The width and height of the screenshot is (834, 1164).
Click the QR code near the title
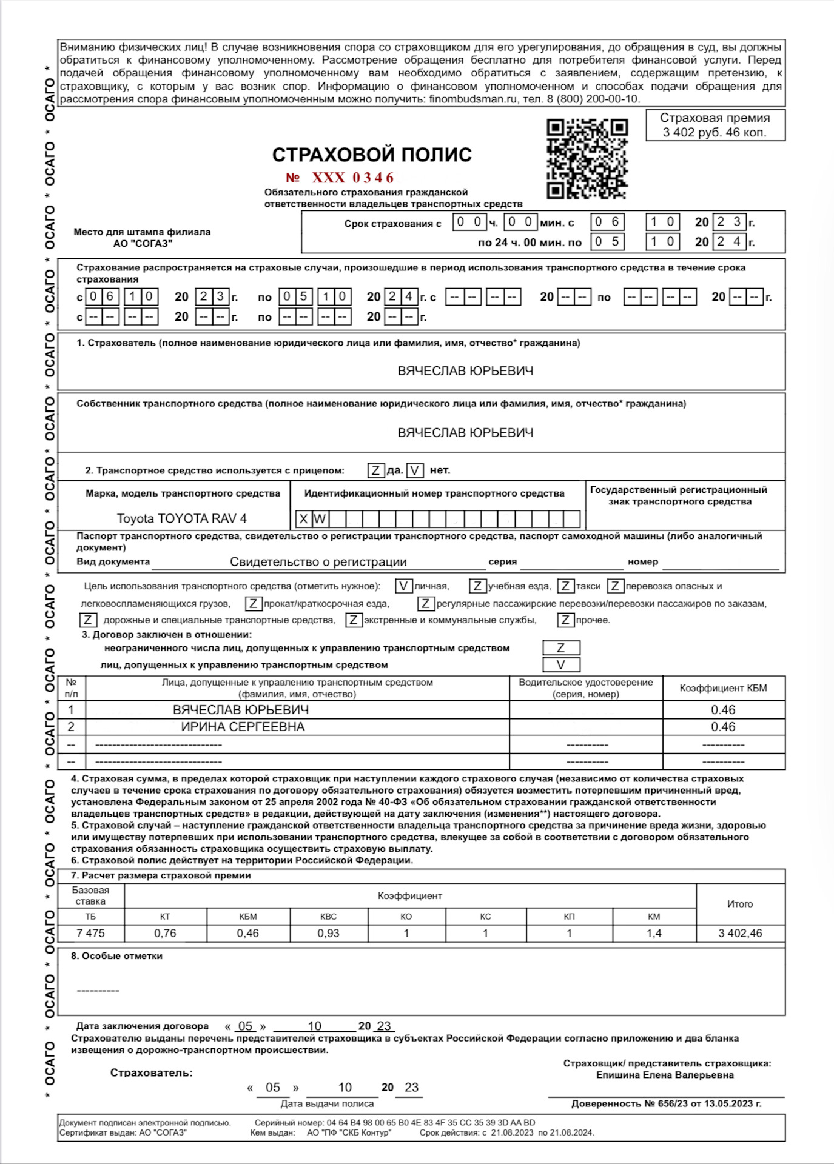tap(587, 159)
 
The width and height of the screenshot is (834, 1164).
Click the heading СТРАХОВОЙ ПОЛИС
tap(371, 155)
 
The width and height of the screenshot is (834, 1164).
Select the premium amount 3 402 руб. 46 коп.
tap(715, 133)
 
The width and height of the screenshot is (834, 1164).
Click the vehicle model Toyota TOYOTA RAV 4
tap(181, 519)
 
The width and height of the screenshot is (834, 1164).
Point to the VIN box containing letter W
tap(320, 519)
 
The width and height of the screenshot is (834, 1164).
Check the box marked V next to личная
tap(403, 586)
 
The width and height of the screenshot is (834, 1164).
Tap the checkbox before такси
tap(565, 586)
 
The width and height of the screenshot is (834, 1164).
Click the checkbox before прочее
tap(565, 620)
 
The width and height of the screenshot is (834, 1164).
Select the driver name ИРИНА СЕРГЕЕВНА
tap(243, 727)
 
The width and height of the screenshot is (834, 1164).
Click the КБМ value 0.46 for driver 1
tap(723, 710)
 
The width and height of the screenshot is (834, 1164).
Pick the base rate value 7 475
tap(90, 934)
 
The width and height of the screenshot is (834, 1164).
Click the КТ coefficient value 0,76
tap(165, 934)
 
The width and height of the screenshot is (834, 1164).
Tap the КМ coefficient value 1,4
tap(654, 934)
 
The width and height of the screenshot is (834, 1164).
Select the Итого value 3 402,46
tap(740, 934)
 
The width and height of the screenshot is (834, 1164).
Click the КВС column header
tap(328, 917)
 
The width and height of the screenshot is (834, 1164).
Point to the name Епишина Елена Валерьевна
tap(665, 1075)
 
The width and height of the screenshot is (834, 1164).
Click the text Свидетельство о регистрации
tap(318, 562)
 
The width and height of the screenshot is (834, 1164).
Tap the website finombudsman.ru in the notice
tap(474, 99)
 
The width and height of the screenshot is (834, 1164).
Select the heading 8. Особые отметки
tap(116, 956)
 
